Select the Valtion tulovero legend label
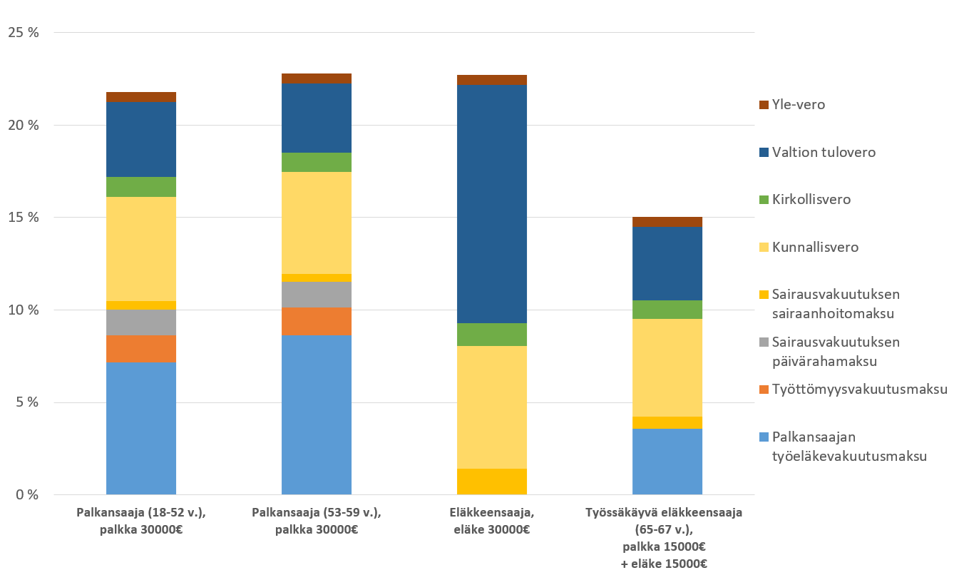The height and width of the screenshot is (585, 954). [x=824, y=153]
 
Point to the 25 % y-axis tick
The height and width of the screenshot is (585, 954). [x=24, y=33]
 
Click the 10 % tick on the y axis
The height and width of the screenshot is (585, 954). [x=24, y=310]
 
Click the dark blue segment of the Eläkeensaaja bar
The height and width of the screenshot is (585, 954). [x=491, y=204]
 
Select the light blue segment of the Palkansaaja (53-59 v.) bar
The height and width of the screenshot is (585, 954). [x=316, y=414]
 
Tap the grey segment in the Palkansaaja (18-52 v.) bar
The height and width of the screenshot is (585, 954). [x=140, y=322]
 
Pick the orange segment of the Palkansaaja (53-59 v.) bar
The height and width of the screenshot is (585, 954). [x=316, y=321]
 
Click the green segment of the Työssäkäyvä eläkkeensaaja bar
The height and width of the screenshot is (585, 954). [x=667, y=310]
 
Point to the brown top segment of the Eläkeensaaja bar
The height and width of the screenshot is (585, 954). [x=491, y=80]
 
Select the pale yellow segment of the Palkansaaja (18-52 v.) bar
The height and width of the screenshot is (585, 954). [x=140, y=248]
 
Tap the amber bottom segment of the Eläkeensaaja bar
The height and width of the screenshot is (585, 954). [x=491, y=482]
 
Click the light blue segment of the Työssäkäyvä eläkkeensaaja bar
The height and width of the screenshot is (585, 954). [x=667, y=462]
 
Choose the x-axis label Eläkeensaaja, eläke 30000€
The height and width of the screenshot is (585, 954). [x=491, y=521]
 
